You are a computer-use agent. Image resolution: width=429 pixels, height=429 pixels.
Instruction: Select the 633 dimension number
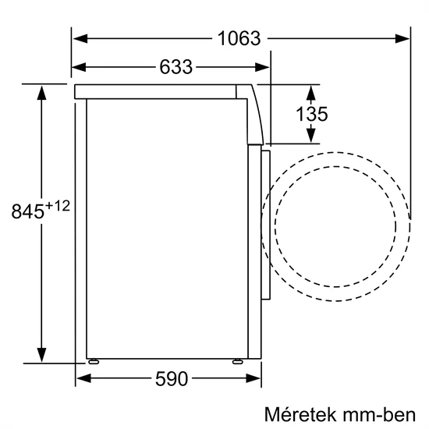(175, 67)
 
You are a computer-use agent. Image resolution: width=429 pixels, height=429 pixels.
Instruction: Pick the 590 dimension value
(172, 380)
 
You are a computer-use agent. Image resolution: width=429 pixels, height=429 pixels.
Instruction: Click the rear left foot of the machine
(94, 362)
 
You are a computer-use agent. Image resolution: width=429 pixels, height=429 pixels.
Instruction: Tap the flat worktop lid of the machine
(156, 91)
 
